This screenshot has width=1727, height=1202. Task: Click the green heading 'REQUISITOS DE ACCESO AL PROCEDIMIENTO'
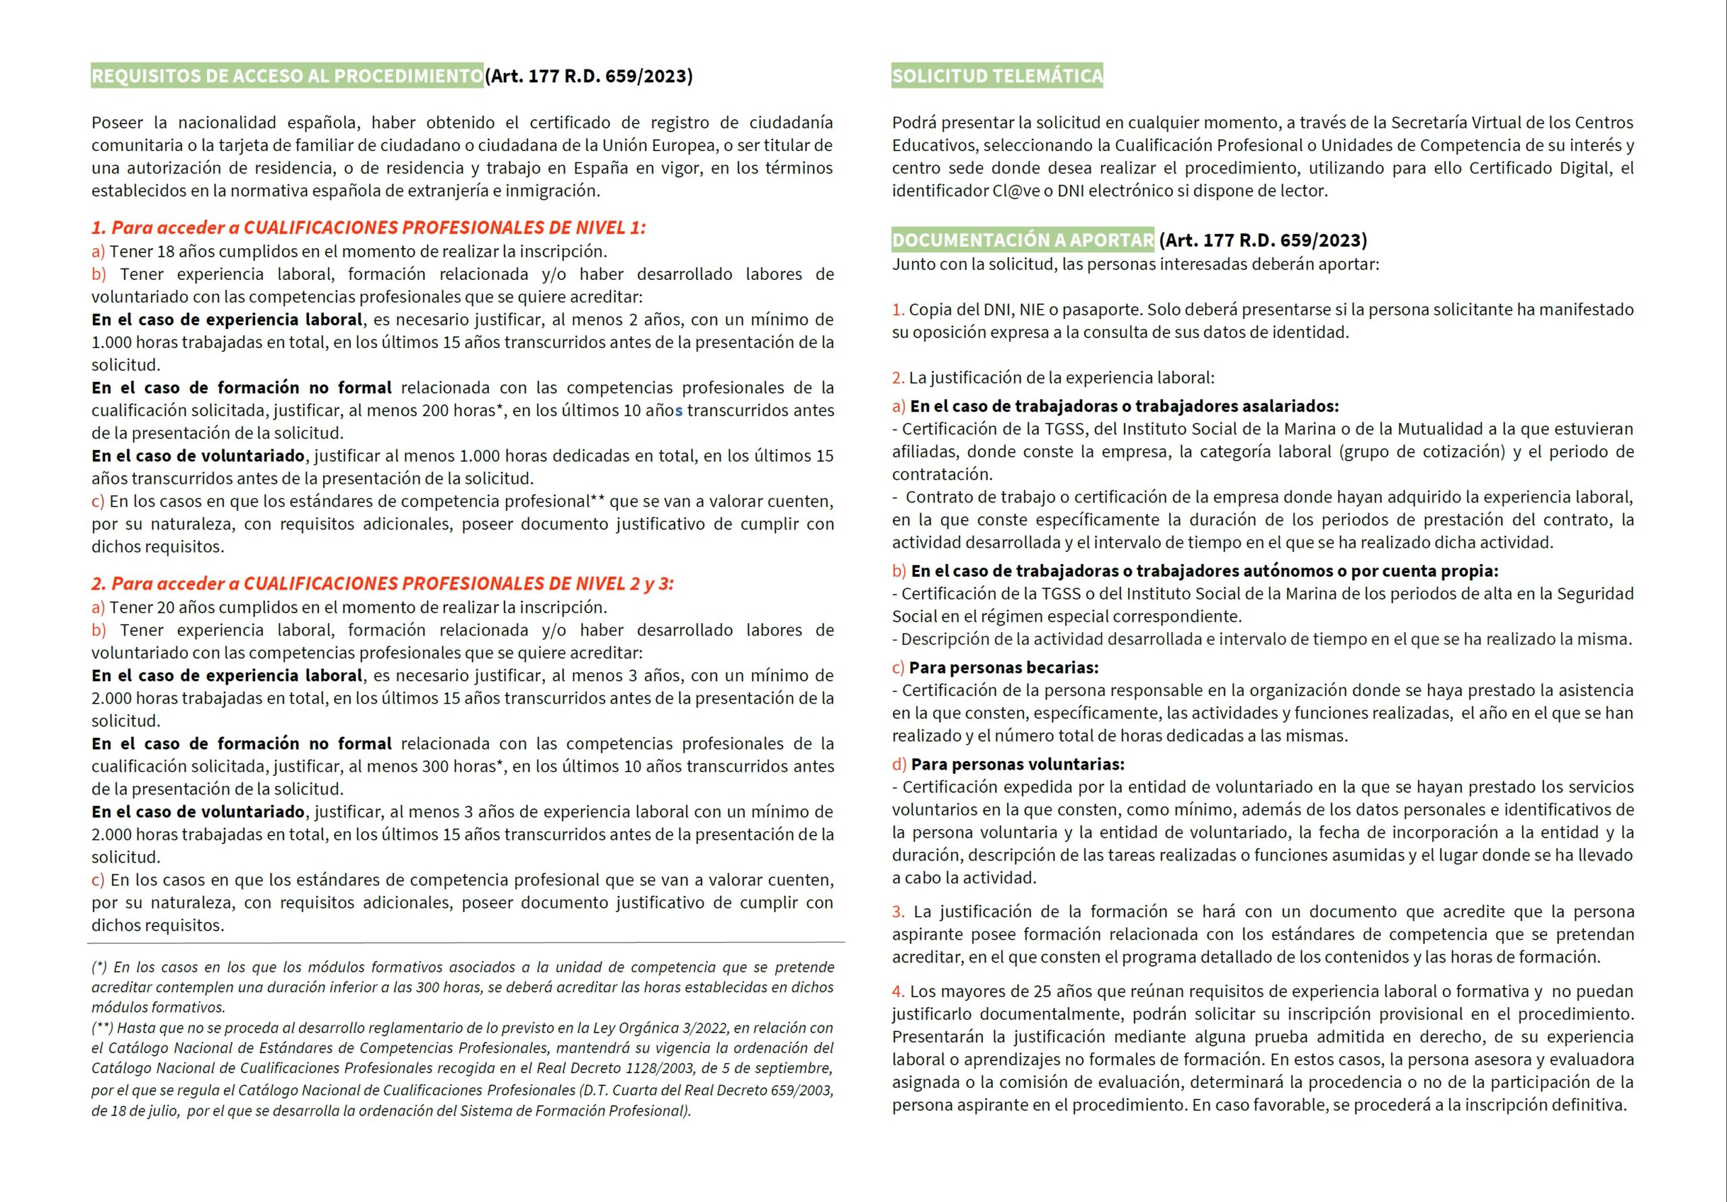[x=287, y=76]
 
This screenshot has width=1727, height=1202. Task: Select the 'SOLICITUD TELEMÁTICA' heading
[x=996, y=76]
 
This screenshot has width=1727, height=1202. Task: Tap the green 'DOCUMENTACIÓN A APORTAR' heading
[x=1022, y=240]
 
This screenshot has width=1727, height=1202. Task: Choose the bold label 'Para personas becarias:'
[x=1003, y=668]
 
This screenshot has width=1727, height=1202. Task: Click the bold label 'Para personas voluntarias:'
[x=1018, y=765]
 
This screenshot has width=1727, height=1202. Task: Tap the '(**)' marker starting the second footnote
[x=103, y=1028]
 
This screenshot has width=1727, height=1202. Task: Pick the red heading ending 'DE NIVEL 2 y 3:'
[x=382, y=583]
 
